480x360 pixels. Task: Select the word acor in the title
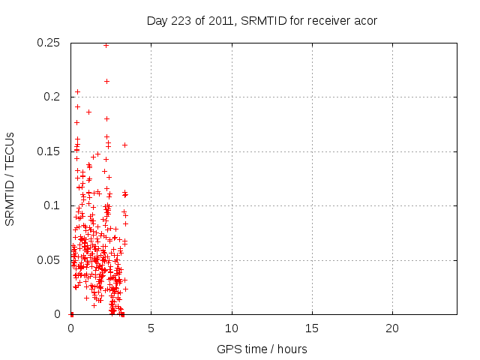click(365, 20)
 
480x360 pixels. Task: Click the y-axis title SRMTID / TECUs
click(10, 179)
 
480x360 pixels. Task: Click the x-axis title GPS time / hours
click(262, 349)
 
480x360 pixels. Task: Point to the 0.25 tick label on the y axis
click(50, 43)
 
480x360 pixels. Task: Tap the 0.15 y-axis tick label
click(50, 151)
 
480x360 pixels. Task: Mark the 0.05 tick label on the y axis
click(50, 260)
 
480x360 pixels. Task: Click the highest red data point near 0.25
click(106, 45)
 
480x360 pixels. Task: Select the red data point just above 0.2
click(77, 91)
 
